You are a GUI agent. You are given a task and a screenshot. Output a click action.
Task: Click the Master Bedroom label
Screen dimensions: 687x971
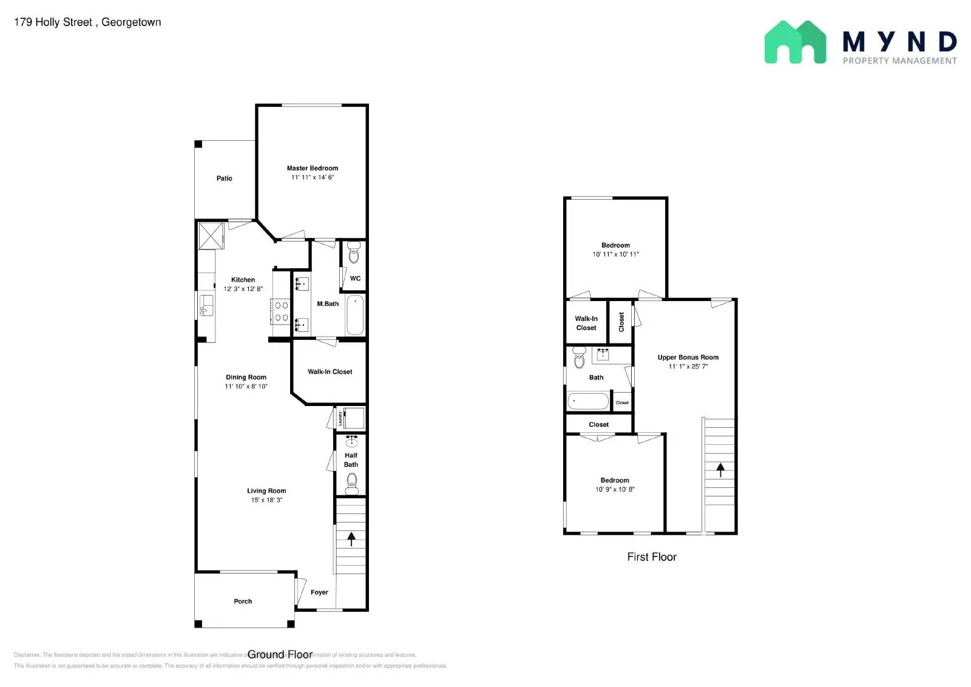pyautogui.click(x=312, y=168)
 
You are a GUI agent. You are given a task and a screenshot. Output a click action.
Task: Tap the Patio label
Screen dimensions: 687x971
pyautogui.click(x=224, y=178)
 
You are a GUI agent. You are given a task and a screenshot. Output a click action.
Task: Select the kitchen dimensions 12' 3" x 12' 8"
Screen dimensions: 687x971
pyautogui.click(x=243, y=289)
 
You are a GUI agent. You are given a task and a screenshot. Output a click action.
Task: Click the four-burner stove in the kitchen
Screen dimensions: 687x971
pyautogui.click(x=282, y=311)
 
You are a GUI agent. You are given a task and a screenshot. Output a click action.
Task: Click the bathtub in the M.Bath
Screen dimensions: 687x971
pyautogui.click(x=355, y=315)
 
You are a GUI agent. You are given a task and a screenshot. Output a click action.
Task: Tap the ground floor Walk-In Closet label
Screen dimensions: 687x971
pyautogui.click(x=330, y=372)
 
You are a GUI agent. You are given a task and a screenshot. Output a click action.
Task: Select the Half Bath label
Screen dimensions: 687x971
pyautogui.click(x=351, y=460)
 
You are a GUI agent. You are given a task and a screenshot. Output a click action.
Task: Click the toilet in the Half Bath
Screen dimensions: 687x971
pyautogui.click(x=352, y=484)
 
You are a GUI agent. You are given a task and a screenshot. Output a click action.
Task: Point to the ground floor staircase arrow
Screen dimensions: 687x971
pyautogui.click(x=351, y=538)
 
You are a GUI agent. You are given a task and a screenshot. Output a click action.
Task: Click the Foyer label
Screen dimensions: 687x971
pyautogui.click(x=319, y=592)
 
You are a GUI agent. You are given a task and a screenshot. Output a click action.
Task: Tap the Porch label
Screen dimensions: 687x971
pyautogui.click(x=243, y=601)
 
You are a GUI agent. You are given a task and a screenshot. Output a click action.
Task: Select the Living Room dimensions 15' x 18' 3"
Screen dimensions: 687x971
pyautogui.click(x=266, y=500)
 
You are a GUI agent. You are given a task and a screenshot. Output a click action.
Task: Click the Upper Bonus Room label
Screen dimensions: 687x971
pyautogui.click(x=688, y=357)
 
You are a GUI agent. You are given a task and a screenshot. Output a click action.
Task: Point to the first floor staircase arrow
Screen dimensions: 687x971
pyautogui.click(x=720, y=469)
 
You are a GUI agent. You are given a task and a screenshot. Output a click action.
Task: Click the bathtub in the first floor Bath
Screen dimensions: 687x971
pyautogui.click(x=587, y=401)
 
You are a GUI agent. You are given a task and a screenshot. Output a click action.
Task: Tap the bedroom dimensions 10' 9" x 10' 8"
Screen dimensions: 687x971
pyautogui.click(x=614, y=489)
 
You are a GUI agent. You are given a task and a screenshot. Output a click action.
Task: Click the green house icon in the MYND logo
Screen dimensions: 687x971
pyautogui.click(x=794, y=42)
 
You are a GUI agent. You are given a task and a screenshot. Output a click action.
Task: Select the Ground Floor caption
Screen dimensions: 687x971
pyautogui.click(x=280, y=654)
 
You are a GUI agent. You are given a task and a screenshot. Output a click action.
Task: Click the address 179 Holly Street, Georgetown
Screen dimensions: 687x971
pyautogui.click(x=87, y=22)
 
